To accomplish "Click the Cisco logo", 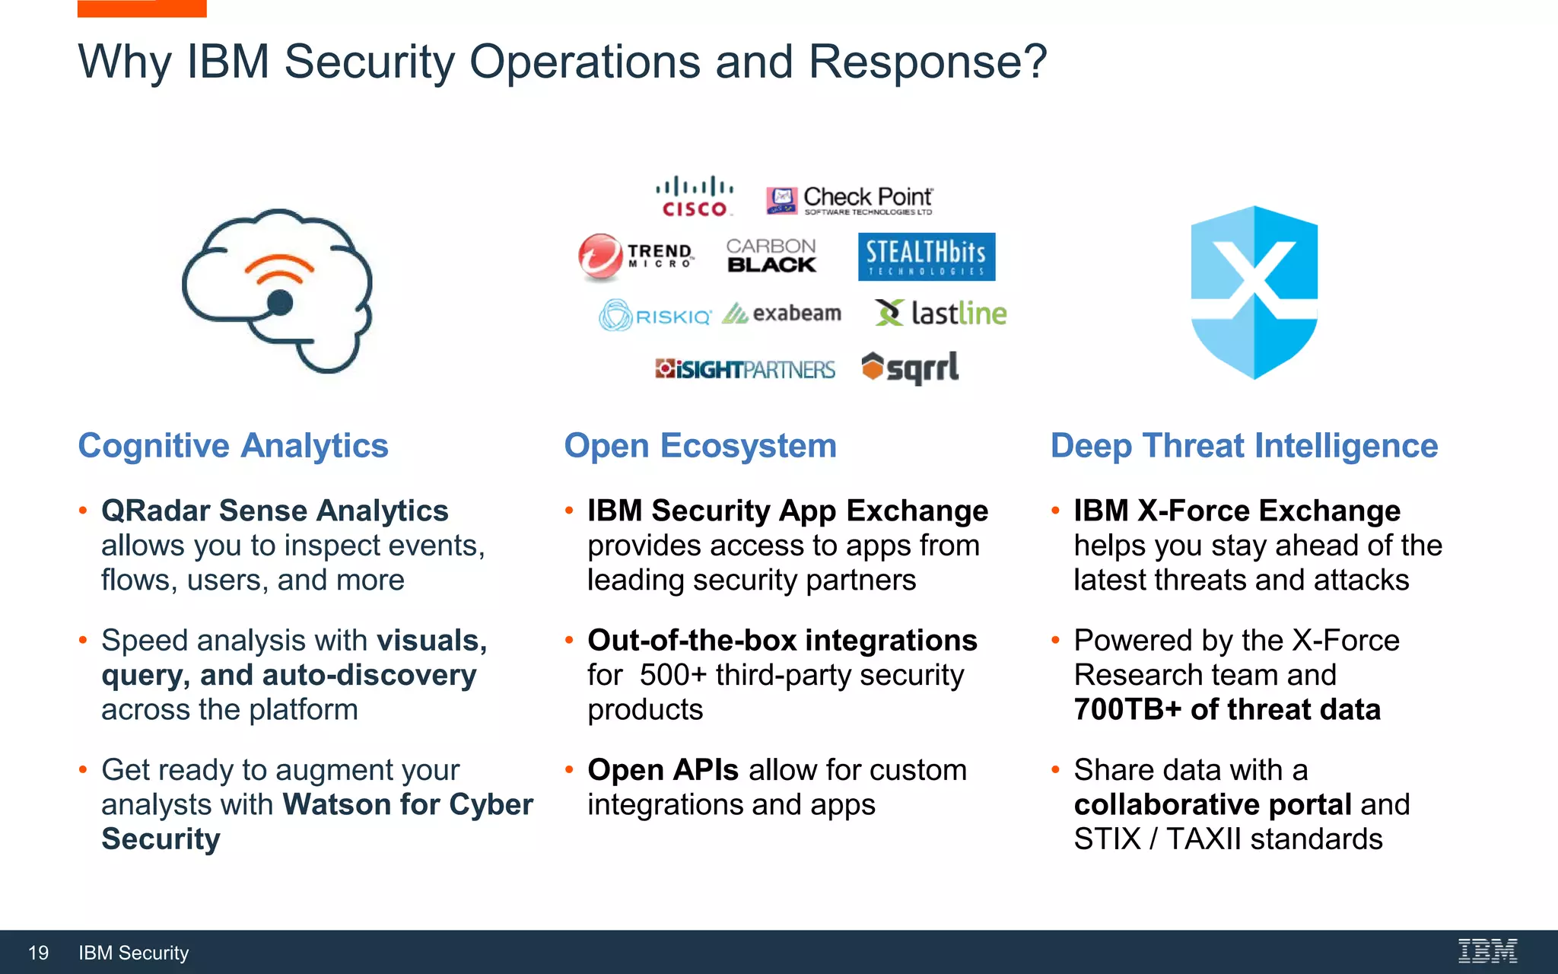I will (x=695, y=197).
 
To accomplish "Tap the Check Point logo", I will (x=849, y=200).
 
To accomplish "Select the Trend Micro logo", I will (x=636, y=256).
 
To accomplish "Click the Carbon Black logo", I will (x=771, y=256).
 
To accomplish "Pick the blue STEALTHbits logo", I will (x=926, y=257).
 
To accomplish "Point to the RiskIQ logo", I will (x=654, y=315).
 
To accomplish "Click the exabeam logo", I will (x=782, y=314).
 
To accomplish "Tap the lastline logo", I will (x=941, y=313).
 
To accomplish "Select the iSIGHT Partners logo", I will (x=745, y=370).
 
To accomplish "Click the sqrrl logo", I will (x=910, y=368).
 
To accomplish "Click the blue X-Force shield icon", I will (x=1254, y=292).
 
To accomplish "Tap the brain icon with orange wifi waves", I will (x=278, y=291).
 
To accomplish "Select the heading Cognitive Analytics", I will (x=233, y=446).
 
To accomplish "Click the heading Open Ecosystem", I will (x=700, y=446).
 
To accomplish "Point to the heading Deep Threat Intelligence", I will (x=1244, y=446).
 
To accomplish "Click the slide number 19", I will (x=38, y=953).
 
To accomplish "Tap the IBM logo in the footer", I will (x=1487, y=951).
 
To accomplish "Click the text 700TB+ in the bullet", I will (x=1127, y=710).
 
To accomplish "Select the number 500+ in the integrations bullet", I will (x=672, y=676).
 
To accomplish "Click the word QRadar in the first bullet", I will (x=155, y=511).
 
